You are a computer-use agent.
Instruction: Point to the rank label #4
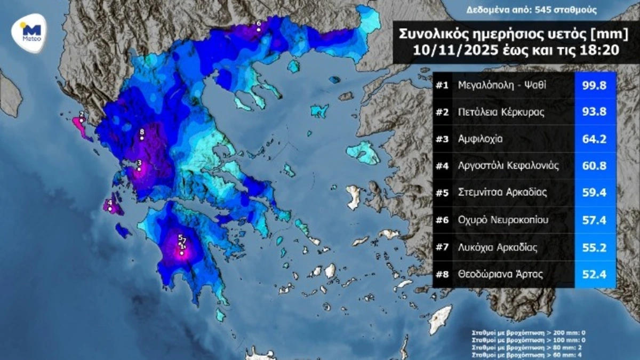442,166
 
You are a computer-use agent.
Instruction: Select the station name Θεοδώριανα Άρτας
500,275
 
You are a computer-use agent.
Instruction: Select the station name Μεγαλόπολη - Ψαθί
502,85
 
